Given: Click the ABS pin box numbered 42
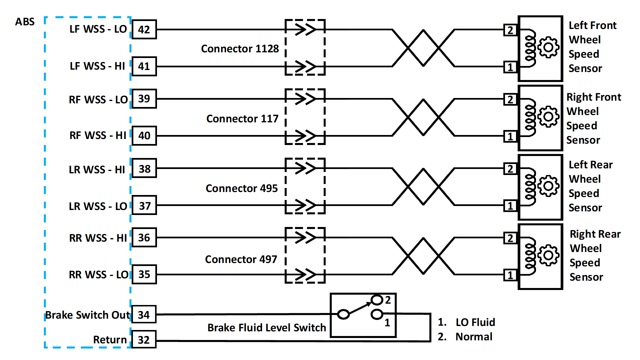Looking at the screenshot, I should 144,29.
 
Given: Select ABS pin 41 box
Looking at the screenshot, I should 144,66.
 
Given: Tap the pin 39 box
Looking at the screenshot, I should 144,99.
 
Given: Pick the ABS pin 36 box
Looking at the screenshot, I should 144,238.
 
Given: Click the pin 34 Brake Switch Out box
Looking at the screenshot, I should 144,315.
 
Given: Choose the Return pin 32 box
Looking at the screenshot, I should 144,340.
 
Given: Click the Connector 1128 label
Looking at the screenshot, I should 240,49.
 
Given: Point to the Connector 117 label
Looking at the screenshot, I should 242,119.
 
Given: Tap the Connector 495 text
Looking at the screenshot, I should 241,188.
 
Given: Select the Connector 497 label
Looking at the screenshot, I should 241,259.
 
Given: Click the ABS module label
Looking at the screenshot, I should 25,22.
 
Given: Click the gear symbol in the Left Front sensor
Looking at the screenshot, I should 548,47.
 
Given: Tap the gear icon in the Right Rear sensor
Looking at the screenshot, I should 548,255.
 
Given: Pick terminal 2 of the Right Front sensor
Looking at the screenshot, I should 510,99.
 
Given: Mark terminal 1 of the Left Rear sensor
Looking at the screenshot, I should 510,206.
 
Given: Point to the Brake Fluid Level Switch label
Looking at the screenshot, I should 266,328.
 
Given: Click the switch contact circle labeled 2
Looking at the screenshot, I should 377,300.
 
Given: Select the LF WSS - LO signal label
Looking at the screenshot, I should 98,29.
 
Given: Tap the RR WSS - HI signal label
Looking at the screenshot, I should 98,238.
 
